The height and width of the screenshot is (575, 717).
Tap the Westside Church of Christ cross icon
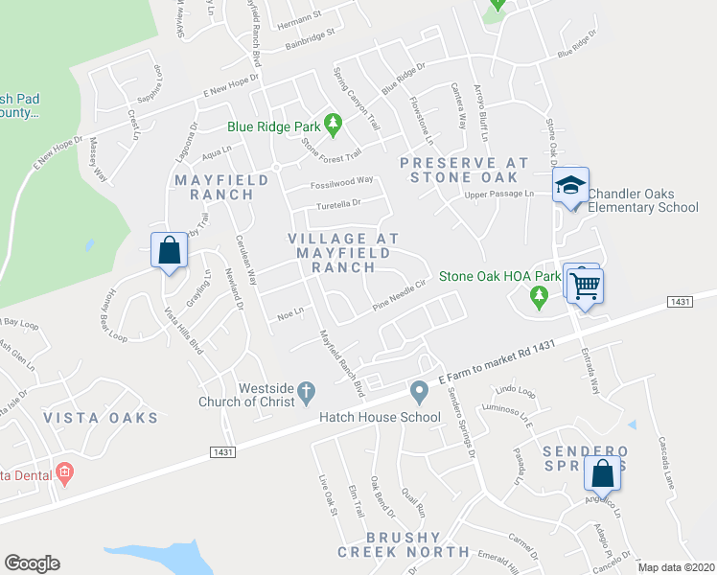pyautogui.click(x=306, y=390)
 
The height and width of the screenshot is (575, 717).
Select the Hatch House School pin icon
pyautogui.click(x=418, y=391)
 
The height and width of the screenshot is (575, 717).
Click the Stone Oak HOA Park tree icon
pyautogui.click(x=539, y=299)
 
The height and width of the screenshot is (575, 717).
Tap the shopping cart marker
pyautogui.click(x=583, y=284)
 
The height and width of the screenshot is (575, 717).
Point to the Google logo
pyautogui.click(x=33, y=563)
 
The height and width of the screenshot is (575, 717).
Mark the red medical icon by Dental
pyautogui.click(x=64, y=472)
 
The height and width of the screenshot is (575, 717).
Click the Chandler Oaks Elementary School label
pyautogui.click(x=642, y=199)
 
